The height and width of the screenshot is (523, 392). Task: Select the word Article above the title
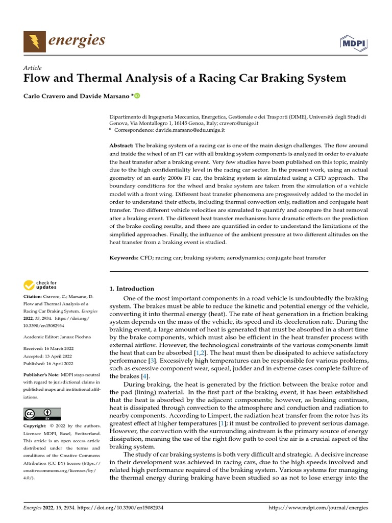pyautogui.click(x=32, y=68)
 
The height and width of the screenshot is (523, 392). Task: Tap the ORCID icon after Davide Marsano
pyautogui.click(x=137, y=96)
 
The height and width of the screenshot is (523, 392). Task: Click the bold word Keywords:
pyautogui.click(x=125, y=258)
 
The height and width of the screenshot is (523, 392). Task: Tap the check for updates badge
pyautogui.click(x=40, y=285)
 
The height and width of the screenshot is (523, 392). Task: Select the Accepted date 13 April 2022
pyautogui.click(x=59, y=356)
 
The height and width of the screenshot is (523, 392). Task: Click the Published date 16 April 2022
pyautogui.click(x=60, y=363)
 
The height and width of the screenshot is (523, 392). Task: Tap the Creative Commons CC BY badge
pyautogui.click(x=42, y=414)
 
